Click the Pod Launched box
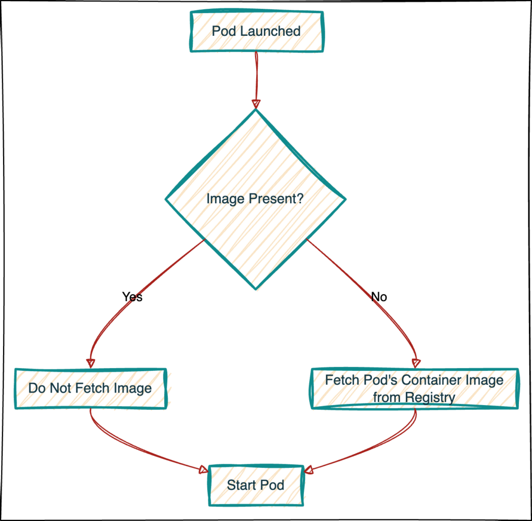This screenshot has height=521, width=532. (x=256, y=31)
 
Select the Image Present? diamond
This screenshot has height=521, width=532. (x=255, y=198)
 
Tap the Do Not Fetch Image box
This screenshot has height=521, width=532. (x=90, y=388)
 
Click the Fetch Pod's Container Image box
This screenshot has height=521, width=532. (x=415, y=388)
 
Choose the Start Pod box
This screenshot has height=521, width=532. (x=256, y=485)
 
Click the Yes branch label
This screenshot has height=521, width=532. (x=132, y=297)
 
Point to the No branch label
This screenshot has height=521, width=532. (x=379, y=297)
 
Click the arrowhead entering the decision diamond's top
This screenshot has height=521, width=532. (x=255, y=102)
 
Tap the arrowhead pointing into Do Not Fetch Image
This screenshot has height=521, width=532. (x=91, y=362)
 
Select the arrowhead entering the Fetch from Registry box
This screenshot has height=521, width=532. (x=415, y=362)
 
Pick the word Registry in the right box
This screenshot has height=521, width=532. (x=430, y=398)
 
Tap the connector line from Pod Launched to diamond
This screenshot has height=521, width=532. (x=256, y=75)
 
